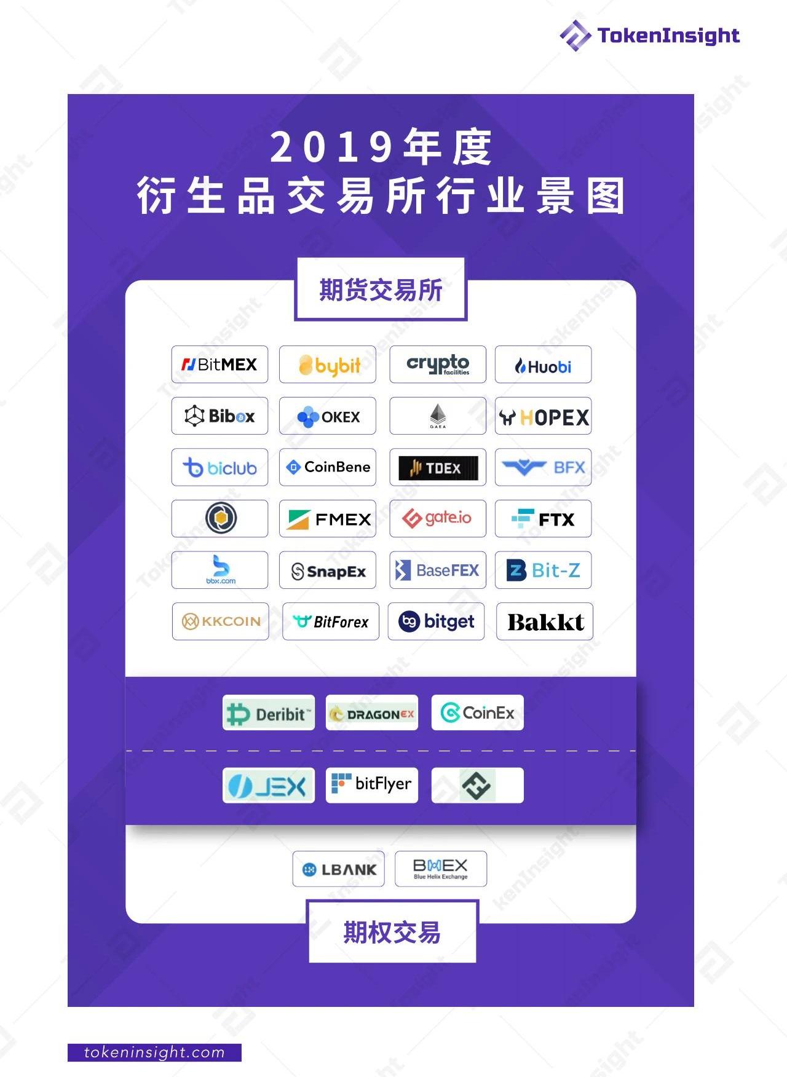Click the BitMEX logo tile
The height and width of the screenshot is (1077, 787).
[x=219, y=365]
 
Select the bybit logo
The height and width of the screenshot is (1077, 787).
[x=328, y=365]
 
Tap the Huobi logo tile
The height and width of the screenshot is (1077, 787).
[x=543, y=365]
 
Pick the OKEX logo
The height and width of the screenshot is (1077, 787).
[x=328, y=416]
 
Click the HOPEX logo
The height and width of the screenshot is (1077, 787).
[x=543, y=417]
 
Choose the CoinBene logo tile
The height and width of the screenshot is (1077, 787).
[x=328, y=467]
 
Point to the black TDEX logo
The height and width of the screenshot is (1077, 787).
[x=437, y=468]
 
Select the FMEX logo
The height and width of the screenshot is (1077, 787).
[x=328, y=519]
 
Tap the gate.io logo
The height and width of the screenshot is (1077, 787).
[x=437, y=518]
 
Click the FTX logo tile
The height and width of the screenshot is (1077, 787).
[x=543, y=519]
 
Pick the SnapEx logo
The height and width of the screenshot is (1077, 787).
[x=328, y=570]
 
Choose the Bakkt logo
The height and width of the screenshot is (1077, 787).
[x=545, y=622]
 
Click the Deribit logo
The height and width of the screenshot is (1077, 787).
[x=269, y=713]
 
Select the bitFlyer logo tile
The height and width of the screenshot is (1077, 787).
[x=372, y=784]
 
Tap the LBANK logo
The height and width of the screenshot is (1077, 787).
[x=339, y=869]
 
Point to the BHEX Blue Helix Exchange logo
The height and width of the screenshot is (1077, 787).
[x=440, y=869]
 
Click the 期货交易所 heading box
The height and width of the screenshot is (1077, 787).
[x=381, y=290]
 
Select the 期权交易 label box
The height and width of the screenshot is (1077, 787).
[x=392, y=932]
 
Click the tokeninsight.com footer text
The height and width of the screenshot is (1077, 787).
[x=154, y=1052]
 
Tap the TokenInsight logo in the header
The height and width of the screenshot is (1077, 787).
[x=650, y=35]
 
